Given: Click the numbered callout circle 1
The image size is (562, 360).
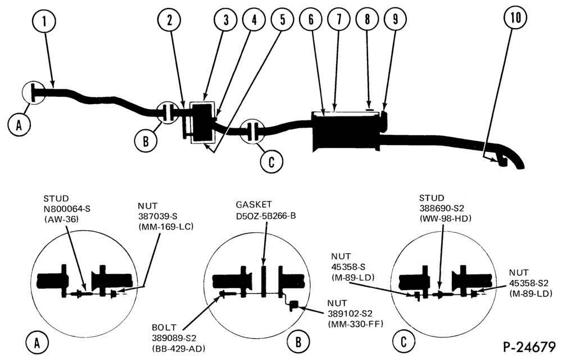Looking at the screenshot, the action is [44, 21].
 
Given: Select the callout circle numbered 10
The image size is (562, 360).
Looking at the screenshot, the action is [515, 17].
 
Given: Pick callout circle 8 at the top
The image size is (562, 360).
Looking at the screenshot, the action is [367, 19].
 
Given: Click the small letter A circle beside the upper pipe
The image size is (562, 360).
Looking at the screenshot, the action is [19, 125].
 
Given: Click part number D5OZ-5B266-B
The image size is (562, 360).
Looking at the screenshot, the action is [266, 216].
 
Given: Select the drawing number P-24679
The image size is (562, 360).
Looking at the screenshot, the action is [529, 346].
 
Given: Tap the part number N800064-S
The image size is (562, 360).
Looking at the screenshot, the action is [67, 209].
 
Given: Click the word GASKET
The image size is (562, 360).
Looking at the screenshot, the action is [254, 205].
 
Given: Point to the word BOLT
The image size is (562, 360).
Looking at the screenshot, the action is [164, 327].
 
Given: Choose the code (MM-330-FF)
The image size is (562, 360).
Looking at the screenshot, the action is [356, 324].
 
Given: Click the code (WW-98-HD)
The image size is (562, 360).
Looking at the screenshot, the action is [445, 218].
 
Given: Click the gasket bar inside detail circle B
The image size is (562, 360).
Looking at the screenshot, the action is [264, 281].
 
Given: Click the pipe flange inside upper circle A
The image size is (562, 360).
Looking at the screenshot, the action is [33, 92].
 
